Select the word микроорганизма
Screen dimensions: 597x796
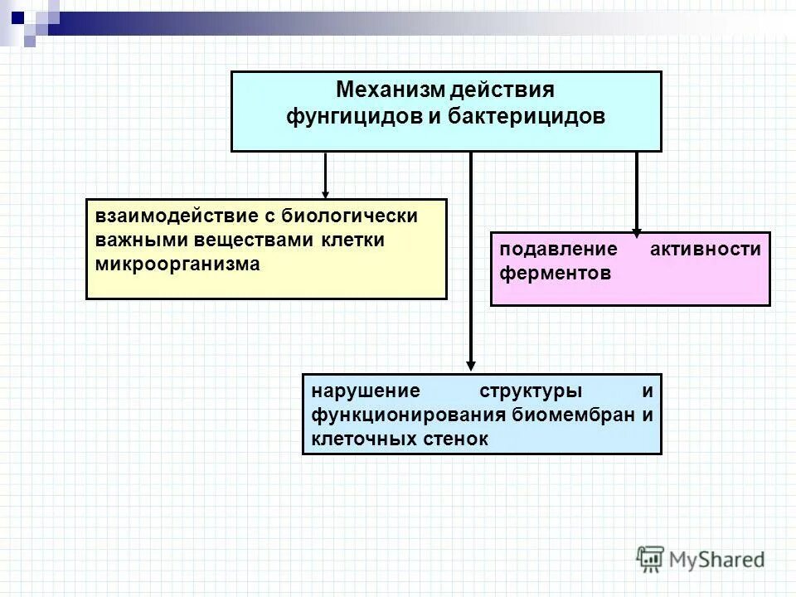177,265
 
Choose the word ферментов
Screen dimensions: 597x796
555,274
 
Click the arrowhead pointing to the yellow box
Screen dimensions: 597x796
326,192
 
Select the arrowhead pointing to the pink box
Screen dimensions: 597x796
637,232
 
